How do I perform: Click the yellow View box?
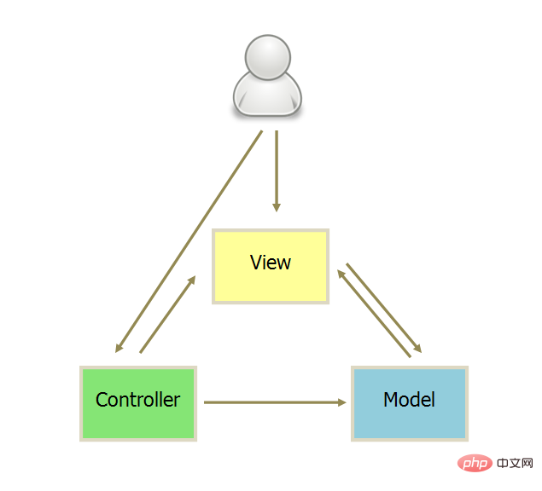(271, 266)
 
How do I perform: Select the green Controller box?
(138, 403)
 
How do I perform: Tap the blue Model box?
(410, 403)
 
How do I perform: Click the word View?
(271, 263)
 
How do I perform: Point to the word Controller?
(137, 400)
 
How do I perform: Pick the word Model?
(409, 400)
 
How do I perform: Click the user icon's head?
(268, 57)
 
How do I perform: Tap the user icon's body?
(267, 95)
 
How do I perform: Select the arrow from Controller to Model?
(275, 402)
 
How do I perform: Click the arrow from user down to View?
(277, 171)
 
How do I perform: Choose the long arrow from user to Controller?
(189, 241)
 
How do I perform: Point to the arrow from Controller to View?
(167, 315)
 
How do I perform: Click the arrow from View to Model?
(384, 308)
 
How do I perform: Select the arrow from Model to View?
(374, 314)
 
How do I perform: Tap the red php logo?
(475, 463)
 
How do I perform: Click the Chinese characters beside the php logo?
(515, 463)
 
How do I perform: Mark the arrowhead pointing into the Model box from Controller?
(342, 402)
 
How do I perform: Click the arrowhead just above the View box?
(277, 207)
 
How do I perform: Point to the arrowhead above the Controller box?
(119, 348)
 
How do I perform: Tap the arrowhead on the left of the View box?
(192, 280)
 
